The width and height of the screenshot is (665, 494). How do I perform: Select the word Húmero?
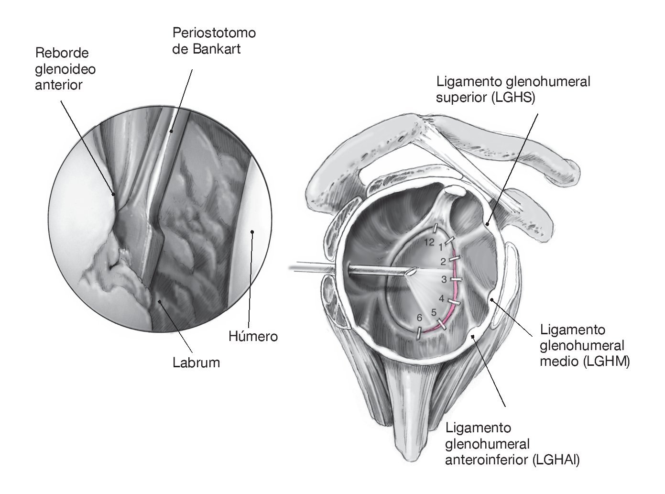click(x=253, y=337)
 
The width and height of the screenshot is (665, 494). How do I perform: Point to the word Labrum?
click(x=196, y=363)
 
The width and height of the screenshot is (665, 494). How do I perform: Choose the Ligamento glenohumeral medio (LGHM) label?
click(x=584, y=346)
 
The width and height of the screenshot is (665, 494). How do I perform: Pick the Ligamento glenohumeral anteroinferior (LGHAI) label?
click(x=512, y=444)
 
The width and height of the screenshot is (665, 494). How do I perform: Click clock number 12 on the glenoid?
click(x=429, y=242)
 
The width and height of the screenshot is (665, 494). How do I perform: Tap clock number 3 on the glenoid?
click(x=444, y=279)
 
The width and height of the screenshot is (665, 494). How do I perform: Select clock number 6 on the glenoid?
click(x=420, y=318)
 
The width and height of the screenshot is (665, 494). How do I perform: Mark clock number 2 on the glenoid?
click(x=443, y=262)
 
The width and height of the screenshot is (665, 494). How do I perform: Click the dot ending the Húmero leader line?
click(x=252, y=232)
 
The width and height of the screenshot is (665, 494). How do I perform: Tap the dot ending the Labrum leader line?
click(x=160, y=301)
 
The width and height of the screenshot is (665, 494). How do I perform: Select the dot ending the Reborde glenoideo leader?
click(x=113, y=194)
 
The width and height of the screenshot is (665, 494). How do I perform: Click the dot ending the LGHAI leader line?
click(x=473, y=337)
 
